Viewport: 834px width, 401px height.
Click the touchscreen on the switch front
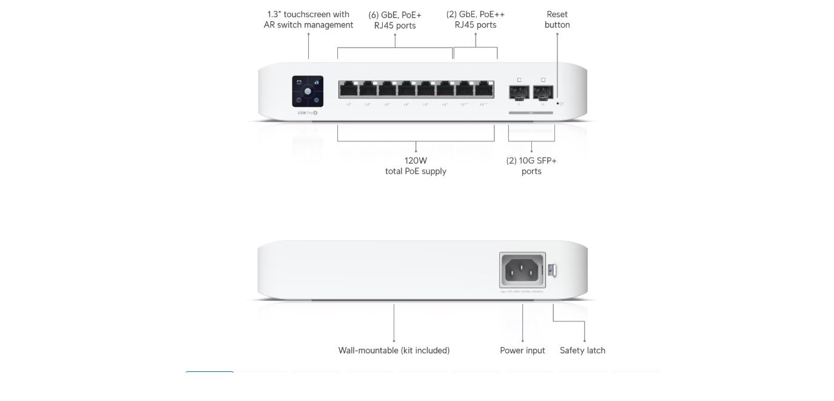click(308, 91)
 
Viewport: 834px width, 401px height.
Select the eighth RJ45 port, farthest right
click(483, 90)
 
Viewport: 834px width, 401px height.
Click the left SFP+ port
click(519, 92)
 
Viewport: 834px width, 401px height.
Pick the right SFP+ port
click(543, 92)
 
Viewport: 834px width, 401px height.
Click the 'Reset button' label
click(557, 19)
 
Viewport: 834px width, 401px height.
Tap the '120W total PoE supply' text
click(415, 166)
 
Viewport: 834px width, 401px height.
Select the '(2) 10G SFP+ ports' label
click(531, 166)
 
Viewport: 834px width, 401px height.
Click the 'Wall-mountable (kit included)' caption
click(394, 350)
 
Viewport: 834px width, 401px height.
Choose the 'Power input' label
click(522, 350)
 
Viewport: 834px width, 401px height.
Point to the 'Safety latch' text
click(582, 350)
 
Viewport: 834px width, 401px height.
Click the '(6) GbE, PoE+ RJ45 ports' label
click(395, 19)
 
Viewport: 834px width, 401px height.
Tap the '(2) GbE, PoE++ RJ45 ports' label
click(476, 19)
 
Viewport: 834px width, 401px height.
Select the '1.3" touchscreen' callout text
click(308, 19)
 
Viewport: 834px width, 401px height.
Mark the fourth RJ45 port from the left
click(406, 90)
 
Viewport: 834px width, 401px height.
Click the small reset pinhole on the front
click(557, 103)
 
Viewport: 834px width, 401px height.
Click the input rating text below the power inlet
click(522, 292)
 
